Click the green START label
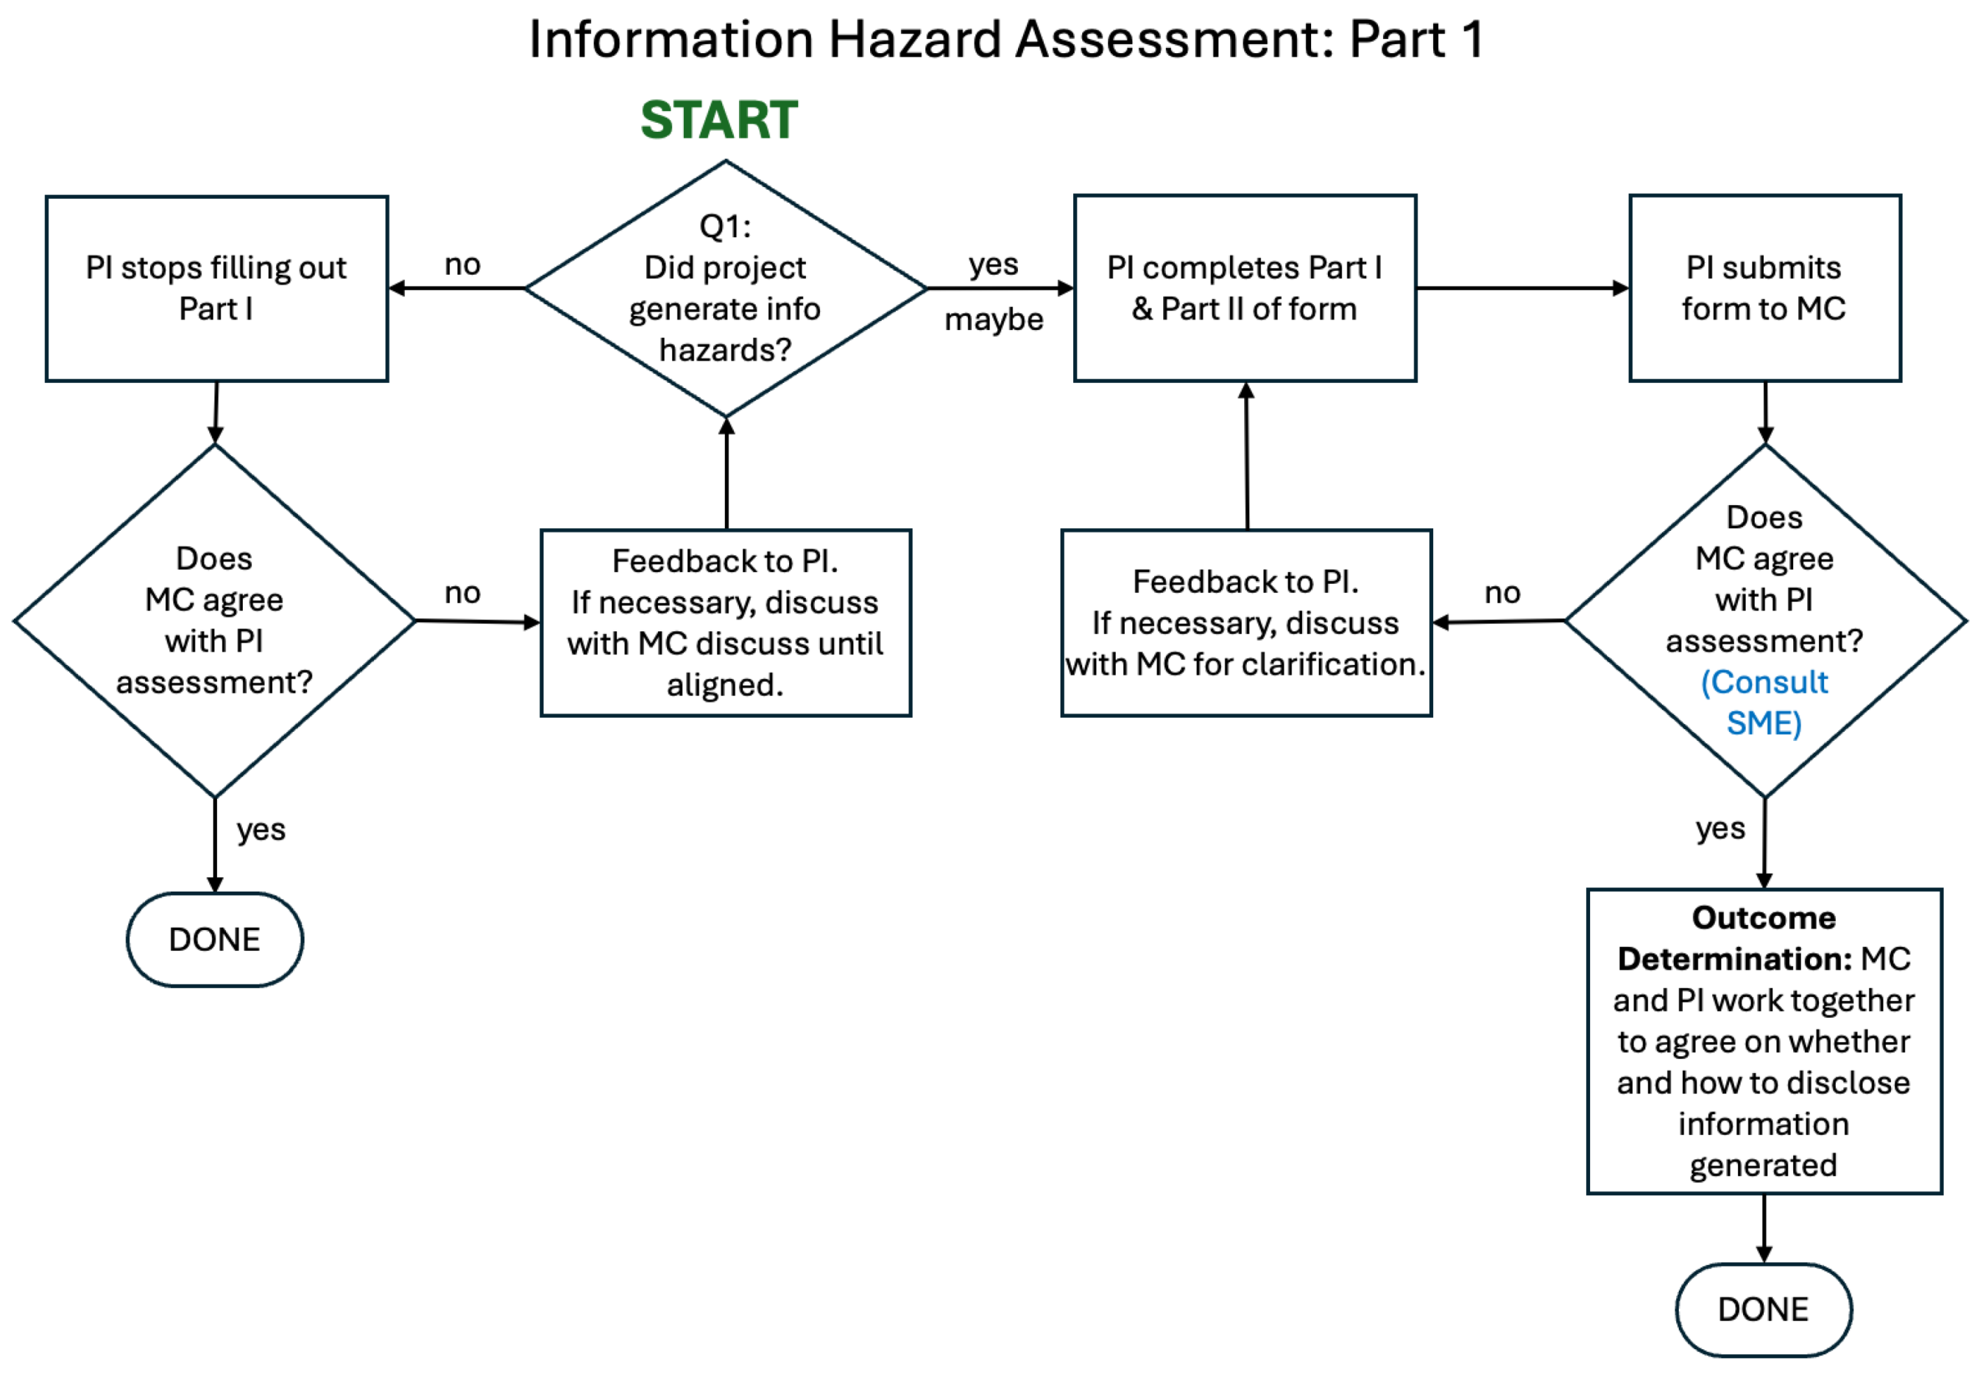(x=719, y=120)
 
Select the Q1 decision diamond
(x=726, y=288)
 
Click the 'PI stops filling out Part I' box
(x=216, y=288)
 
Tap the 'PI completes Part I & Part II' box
(x=1245, y=288)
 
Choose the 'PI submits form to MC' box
(x=1765, y=288)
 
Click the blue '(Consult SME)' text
(x=1765, y=702)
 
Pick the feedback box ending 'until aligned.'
(x=726, y=622)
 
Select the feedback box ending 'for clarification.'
(x=1245, y=622)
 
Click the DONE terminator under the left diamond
(x=214, y=940)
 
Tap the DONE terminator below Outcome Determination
(x=1764, y=1310)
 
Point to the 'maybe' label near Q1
(x=993, y=320)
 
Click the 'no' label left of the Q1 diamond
(x=462, y=265)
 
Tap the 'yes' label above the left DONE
(x=261, y=829)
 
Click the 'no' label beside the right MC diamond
(x=1502, y=593)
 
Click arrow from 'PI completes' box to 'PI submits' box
(x=1522, y=288)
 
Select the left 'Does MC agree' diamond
(x=214, y=620)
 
